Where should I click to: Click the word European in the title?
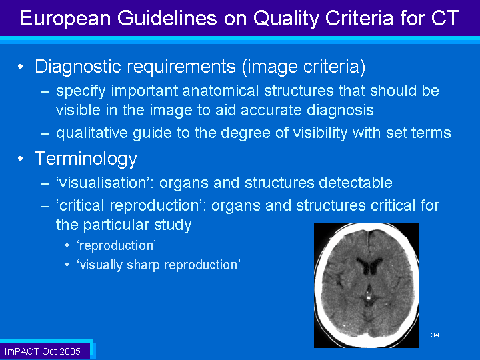pyautogui.click(x=65, y=19)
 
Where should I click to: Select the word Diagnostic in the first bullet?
pyautogui.click(x=78, y=67)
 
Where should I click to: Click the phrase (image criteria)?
pyautogui.click(x=304, y=67)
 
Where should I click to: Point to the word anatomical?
pyautogui.click(x=221, y=91)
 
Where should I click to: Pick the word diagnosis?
pyautogui.click(x=340, y=111)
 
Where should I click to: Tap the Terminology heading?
pyautogui.click(x=86, y=159)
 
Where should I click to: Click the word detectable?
pyautogui.click(x=355, y=183)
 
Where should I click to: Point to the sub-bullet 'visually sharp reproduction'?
pyautogui.click(x=159, y=265)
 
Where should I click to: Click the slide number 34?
pyautogui.click(x=435, y=335)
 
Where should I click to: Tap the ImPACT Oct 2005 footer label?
pyautogui.click(x=43, y=351)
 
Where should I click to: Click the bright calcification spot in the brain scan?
pyautogui.click(x=369, y=297)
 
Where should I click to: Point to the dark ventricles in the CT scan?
pyautogui.click(x=369, y=266)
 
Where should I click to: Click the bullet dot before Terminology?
pyautogui.click(x=21, y=159)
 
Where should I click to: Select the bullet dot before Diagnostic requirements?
pyautogui.click(x=21, y=67)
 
